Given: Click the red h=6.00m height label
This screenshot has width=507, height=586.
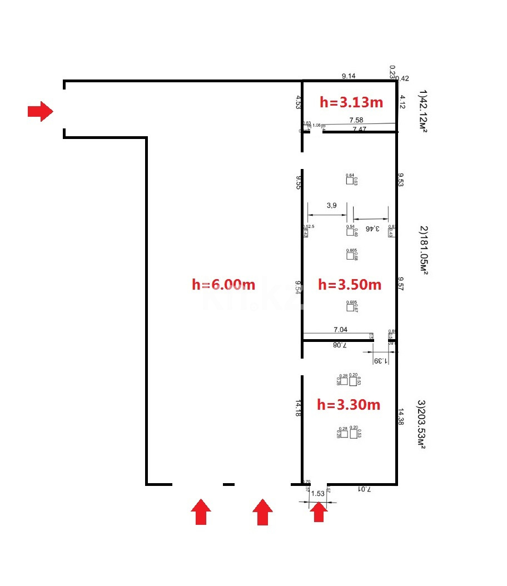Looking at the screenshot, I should pyautogui.click(x=223, y=285).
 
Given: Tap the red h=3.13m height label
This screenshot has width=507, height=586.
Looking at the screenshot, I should pyautogui.click(x=351, y=102).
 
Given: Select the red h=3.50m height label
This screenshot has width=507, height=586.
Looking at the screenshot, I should pyautogui.click(x=350, y=285).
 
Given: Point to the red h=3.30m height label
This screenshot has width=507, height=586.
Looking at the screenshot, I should pyautogui.click(x=349, y=405).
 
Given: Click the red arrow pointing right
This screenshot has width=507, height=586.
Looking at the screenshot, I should pyautogui.click(x=40, y=111).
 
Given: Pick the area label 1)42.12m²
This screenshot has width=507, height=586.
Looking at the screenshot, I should pyautogui.click(x=423, y=111).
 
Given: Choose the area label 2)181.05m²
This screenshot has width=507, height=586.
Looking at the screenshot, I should pyautogui.click(x=423, y=250).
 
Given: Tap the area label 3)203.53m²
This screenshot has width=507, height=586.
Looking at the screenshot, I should pyautogui.click(x=422, y=424).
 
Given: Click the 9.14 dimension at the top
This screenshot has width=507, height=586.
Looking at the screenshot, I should pyautogui.click(x=349, y=76).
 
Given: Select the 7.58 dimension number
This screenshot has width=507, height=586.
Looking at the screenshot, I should pyautogui.click(x=356, y=120).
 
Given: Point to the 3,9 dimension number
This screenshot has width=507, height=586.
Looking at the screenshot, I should pyautogui.click(x=331, y=205).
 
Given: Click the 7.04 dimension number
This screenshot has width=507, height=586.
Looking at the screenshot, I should pyautogui.click(x=340, y=330).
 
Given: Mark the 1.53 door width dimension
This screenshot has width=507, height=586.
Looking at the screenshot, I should pyautogui.click(x=317, y=493).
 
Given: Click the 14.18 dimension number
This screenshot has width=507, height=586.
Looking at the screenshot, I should pyautogui.click(x=299, y=408).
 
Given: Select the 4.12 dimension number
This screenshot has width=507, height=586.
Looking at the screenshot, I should pyautogui.click(x=402, y=102).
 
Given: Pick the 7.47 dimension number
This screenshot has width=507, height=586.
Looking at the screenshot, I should pyautogui.click(x=360, y=129).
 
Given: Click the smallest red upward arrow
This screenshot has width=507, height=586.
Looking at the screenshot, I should pyautogui.click(x=318, y=511).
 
